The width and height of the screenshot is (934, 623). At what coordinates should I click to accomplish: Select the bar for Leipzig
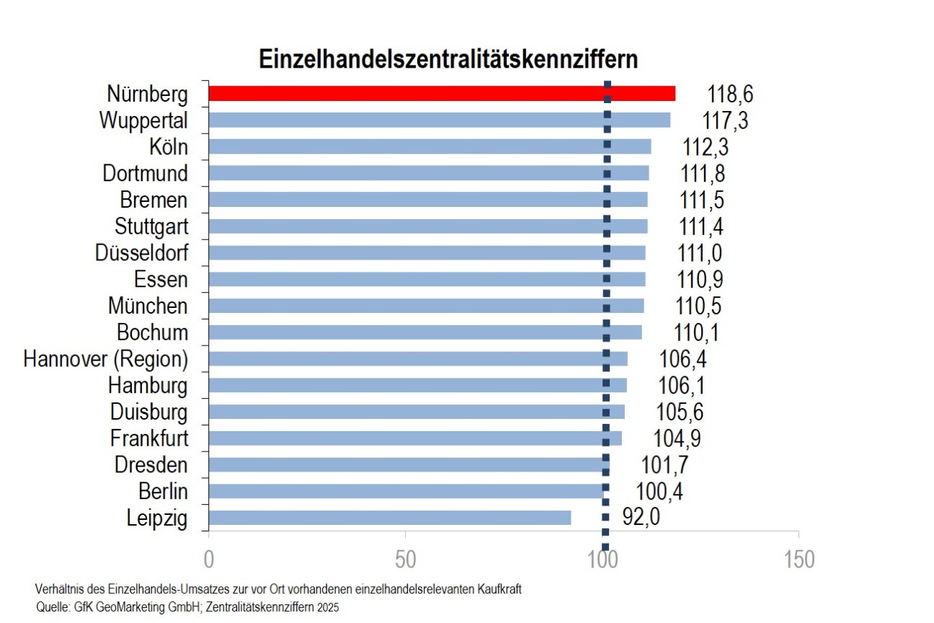389,518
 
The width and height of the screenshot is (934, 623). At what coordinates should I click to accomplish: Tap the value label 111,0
701,253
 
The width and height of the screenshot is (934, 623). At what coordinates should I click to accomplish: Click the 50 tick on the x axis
406,560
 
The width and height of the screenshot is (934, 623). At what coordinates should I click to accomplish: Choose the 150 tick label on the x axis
798,560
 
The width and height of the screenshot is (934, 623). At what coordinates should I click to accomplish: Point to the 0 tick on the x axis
209,560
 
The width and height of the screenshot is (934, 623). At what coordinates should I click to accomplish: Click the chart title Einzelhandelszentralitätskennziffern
448,59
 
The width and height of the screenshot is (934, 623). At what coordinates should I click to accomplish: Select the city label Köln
169,147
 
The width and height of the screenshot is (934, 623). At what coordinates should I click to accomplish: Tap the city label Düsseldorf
141,253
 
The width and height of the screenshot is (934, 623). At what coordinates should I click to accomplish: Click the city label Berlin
163,491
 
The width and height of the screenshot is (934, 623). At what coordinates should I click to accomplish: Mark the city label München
148,306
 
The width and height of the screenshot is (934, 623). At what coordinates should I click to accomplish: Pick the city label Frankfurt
149,438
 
